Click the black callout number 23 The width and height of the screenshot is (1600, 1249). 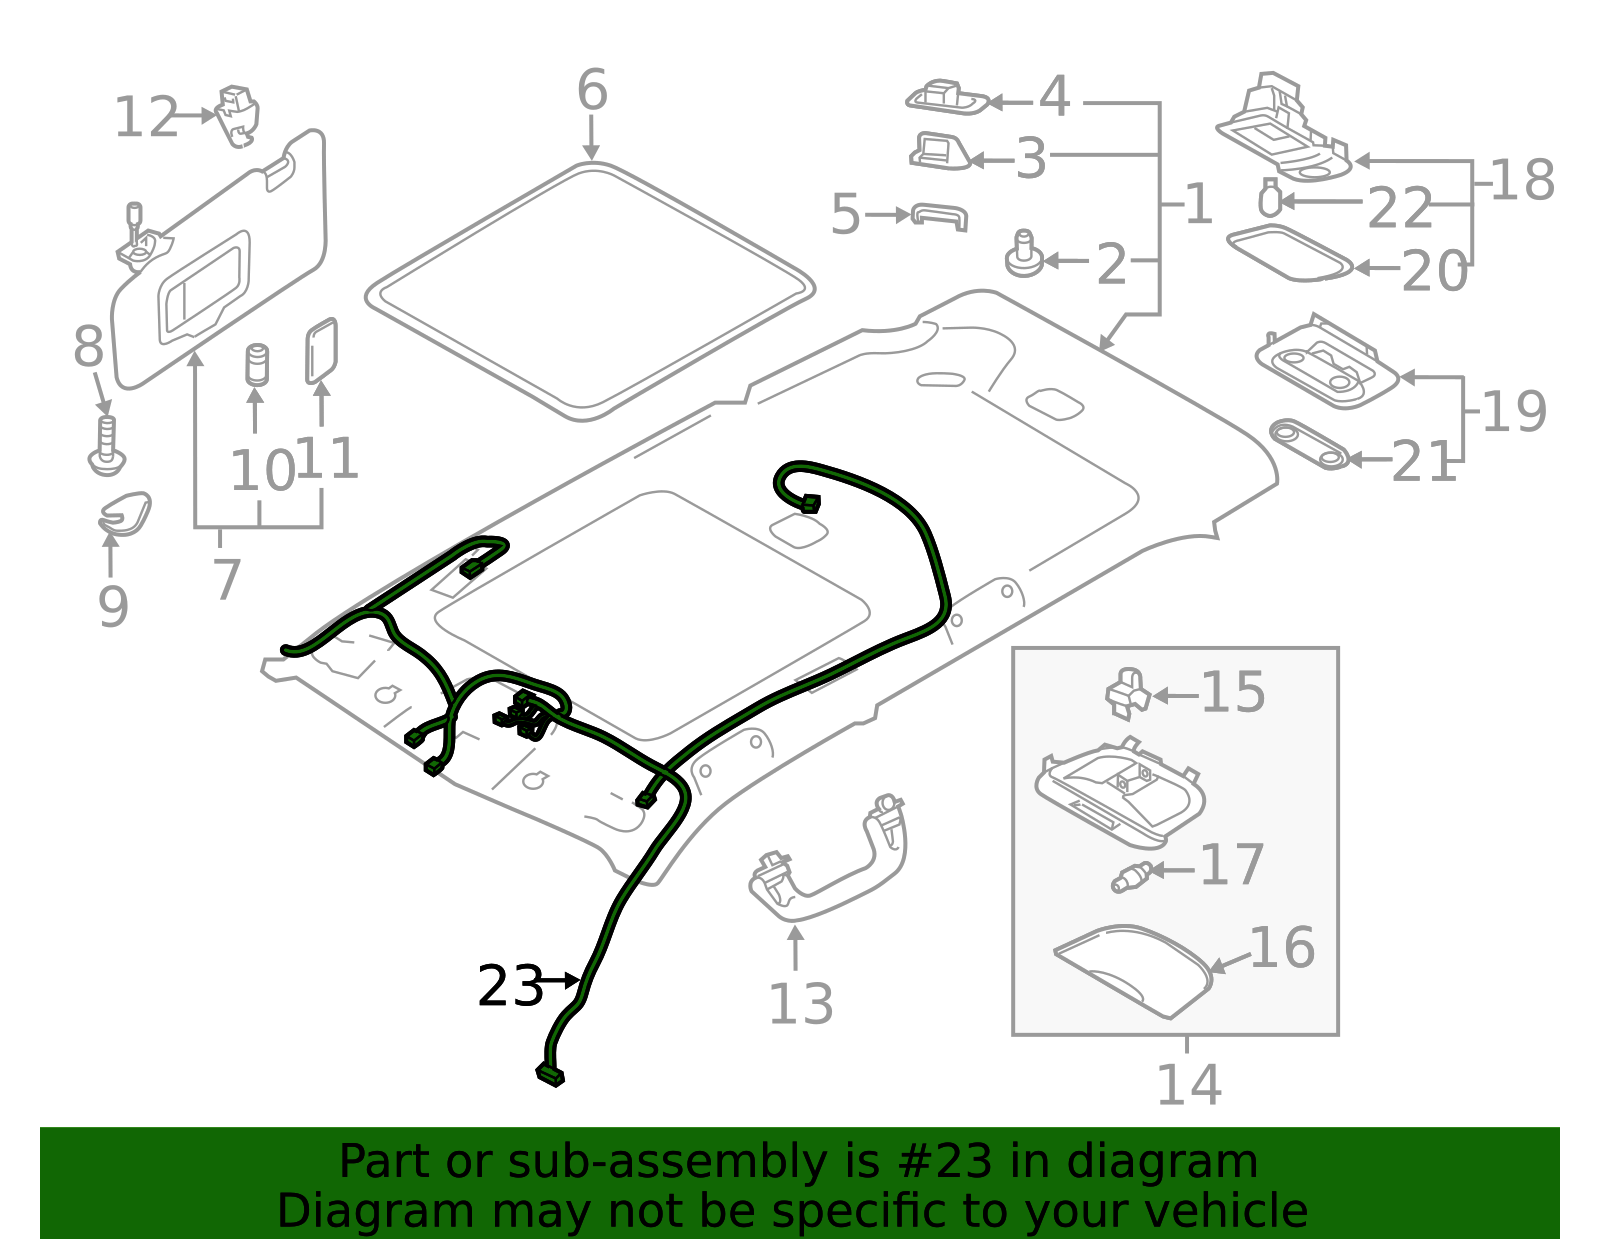tap(509, 987)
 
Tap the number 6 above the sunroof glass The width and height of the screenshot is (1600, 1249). tap(592, 91)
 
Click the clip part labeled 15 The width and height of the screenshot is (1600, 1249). tap(1128, 692)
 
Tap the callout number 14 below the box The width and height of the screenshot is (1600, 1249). tap(1188, 1086)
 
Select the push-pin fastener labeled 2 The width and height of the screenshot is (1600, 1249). tap(1023, 255)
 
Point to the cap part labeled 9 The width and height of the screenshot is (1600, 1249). tap(125, 514)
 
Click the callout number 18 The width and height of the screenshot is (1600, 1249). tap(1522, 181)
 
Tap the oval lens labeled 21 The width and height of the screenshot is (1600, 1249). tap(1308, 444)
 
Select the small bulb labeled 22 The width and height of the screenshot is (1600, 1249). tap(1270, 198)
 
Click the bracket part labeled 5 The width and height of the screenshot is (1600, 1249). tap(940, 216)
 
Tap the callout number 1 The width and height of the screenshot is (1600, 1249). tap(1198, 205)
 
